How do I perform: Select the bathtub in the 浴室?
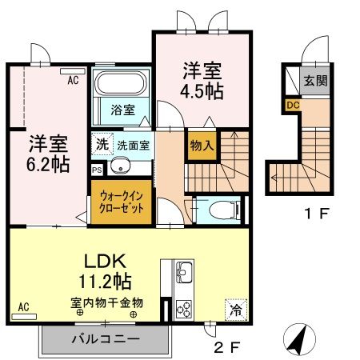point(120,84)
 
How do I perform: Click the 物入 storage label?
point(200,146)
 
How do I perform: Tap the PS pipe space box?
point(97,170)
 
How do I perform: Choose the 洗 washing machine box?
point(102,146)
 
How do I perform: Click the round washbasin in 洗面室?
point(120,167)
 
